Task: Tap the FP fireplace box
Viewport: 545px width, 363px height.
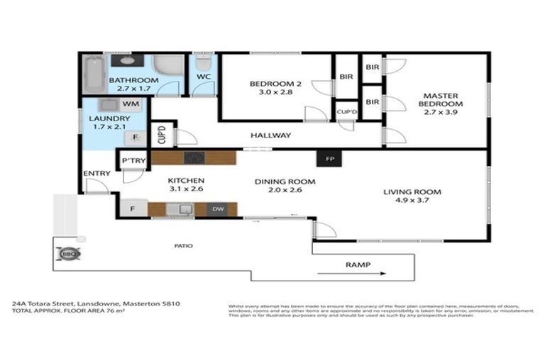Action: (x=329, y=159)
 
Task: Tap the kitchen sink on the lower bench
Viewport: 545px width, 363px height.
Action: (x=185, y=209)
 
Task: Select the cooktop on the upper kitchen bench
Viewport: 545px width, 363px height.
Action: (x=193, y=157)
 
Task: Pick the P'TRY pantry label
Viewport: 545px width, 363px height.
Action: (x=133, y=161)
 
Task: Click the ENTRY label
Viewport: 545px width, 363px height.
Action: (x=96, y=174)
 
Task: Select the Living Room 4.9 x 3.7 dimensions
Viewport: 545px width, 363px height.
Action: (x=412, y=201)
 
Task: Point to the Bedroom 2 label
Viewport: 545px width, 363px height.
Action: (x=275, y=84)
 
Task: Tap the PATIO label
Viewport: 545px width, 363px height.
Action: (x=182, y=246)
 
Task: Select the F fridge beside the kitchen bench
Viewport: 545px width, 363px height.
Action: (x=132, y=209)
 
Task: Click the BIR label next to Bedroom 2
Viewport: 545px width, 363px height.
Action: (x=346, y=77)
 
